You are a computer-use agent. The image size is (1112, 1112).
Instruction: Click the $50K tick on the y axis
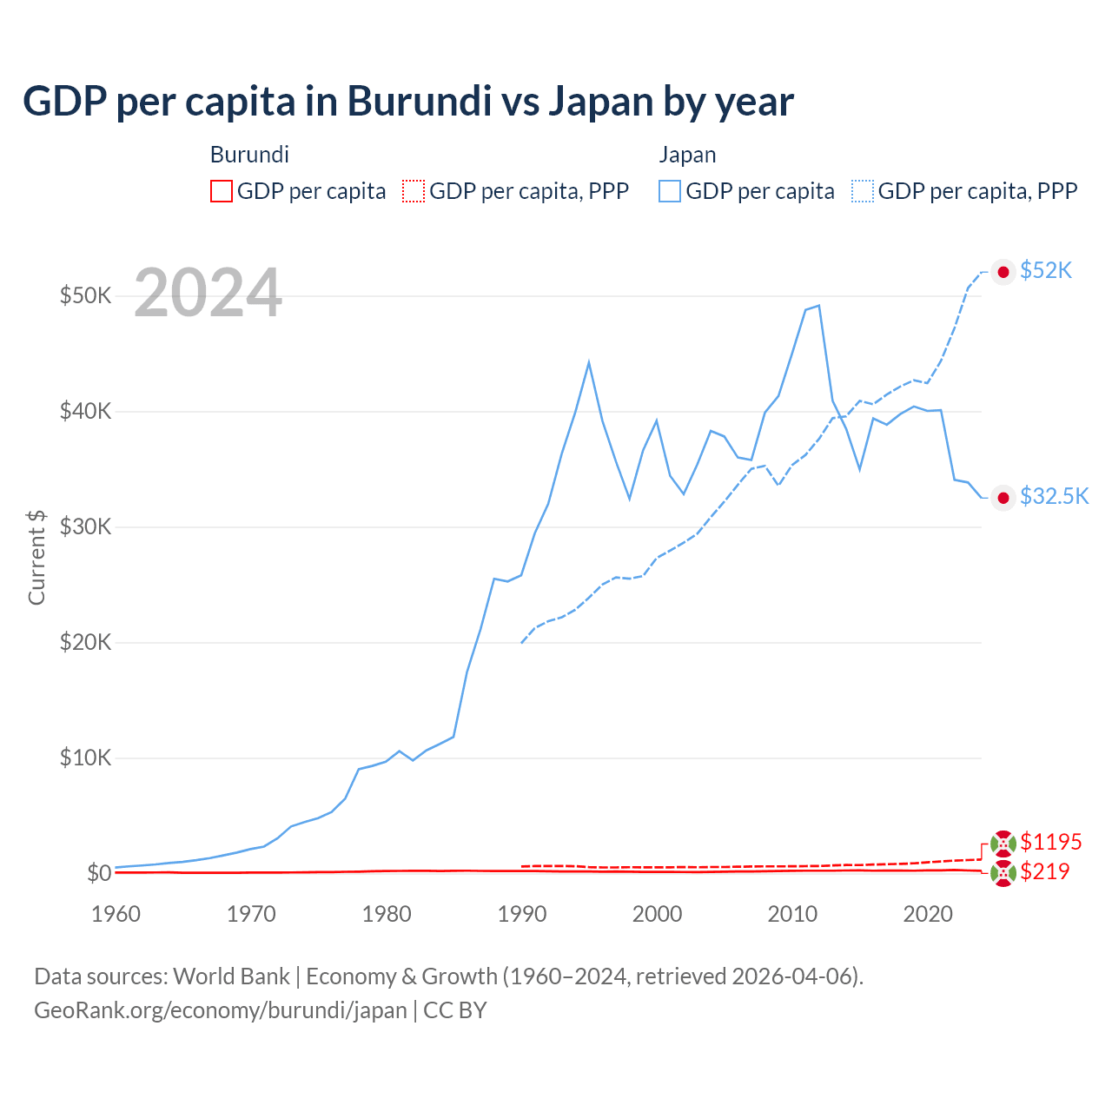coord(85,295)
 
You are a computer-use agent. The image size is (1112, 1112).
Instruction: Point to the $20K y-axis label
coord(85,642)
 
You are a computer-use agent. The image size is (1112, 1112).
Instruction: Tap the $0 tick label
coord(99,873)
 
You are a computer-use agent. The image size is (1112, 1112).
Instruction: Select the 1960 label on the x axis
coord(116,914)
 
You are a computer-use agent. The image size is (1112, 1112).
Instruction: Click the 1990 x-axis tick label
coord(522,914)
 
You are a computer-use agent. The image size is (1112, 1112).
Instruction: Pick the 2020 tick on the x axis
coord(928,914)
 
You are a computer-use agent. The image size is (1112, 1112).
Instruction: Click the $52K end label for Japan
coord(1046,271)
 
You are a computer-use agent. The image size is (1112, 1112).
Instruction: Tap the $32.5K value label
coord(1054,496)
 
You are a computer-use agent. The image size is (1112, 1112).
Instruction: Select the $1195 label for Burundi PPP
coord(1050,842)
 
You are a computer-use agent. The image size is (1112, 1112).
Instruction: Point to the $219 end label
coord(1044,871)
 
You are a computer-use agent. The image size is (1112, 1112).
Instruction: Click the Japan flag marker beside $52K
coord(1003,272)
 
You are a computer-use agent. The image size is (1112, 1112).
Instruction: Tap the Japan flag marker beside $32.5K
coord(1003,497)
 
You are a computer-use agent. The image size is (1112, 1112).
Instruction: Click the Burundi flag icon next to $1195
coord(1003,843)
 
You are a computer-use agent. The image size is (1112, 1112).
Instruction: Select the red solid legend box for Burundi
coord(222,191)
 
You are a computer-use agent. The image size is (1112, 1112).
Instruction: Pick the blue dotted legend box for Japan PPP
coord(863,191)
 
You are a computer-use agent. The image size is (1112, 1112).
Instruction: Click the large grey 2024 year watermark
coord(208,293)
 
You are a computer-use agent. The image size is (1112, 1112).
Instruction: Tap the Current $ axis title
coord(36,557)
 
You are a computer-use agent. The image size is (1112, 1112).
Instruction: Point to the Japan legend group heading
coord(687,155)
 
